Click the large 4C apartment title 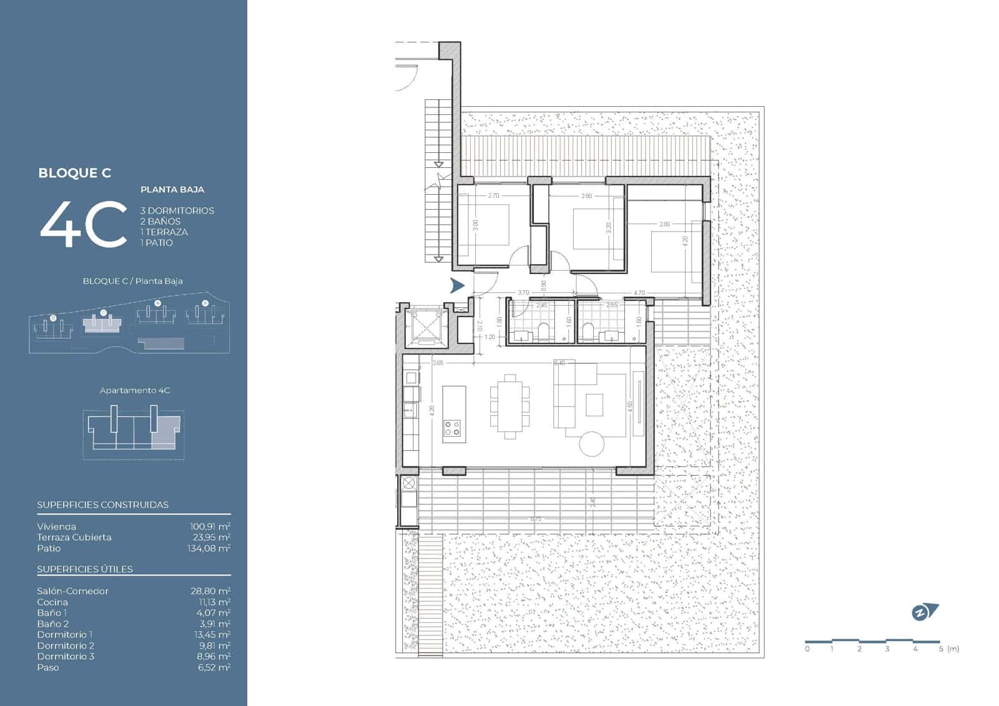click(x=84, y=225)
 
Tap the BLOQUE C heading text click(x=74, y=173)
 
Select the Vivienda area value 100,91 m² click(x=210, y=526)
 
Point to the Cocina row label click(x=52, y=602)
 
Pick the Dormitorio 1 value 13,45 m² click(x=211, y=634)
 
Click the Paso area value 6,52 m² click(x=214, y=667)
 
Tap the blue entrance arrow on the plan click(x=457, y=286)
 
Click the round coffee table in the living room click(x=591, y=444)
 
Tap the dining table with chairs click(x=510, y=404)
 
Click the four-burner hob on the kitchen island click(x=453, y=428)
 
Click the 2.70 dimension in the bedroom click(x=493, y=195)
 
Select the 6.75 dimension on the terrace click(x=536, y=519)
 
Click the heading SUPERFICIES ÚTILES click(x=85, y=569)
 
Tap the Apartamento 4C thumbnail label click(x=135, y=390)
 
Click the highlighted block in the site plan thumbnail click(x=103, y=323)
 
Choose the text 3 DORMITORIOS click(x=177, y=210)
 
